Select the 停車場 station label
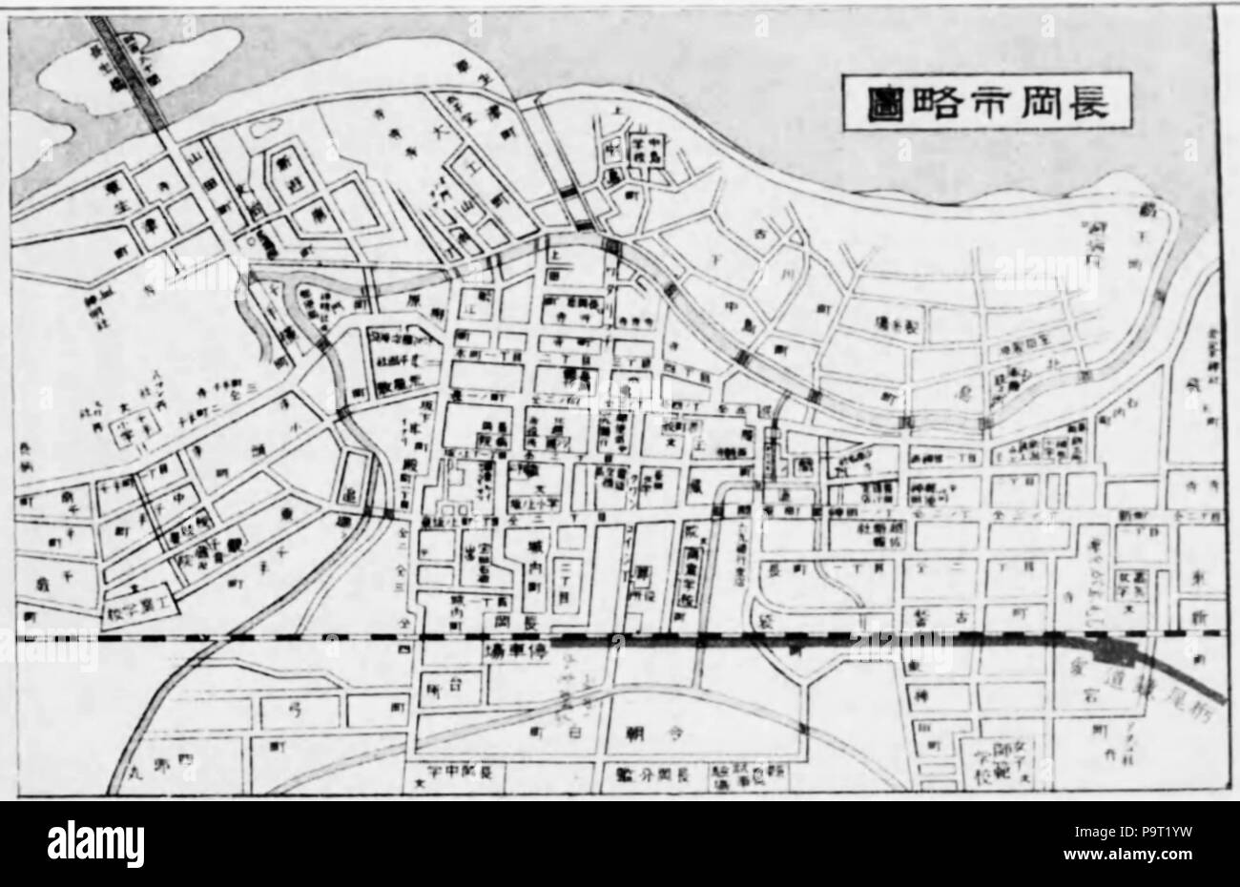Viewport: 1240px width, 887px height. point(520,654)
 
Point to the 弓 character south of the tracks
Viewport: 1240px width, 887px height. point(291,708)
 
